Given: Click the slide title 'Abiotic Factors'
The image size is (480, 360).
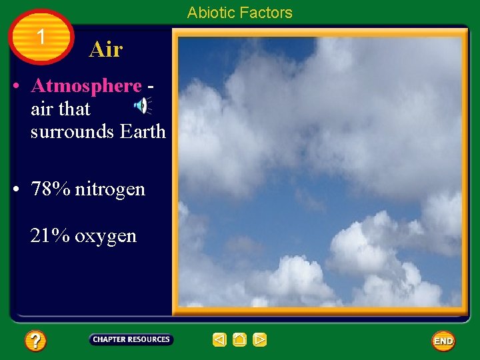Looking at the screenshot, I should (239, 13).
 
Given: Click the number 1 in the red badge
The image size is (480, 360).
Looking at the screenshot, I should (41, 37).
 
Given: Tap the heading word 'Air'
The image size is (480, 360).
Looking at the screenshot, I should (105, 49).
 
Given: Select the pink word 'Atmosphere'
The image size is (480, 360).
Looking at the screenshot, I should (86, 86).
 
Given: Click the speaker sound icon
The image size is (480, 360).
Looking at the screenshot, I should (143, 105).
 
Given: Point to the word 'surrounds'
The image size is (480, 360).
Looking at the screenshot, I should (73, 131).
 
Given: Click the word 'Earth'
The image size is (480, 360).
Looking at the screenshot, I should (143, 131).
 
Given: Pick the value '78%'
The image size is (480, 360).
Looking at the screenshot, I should (51, 189).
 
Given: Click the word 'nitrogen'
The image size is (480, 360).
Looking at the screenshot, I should (109, 189).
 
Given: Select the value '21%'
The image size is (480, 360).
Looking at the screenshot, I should (50, 236).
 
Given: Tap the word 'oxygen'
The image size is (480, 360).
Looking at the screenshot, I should (105, 237).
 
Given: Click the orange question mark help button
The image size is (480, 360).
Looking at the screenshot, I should (35, 341).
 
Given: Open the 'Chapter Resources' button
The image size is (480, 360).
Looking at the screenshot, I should (131, 340).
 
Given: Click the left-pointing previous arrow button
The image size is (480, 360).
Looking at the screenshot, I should (219, 340).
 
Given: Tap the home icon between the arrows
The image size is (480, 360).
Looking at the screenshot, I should (240, 340).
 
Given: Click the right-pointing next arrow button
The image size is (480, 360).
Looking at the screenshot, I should (260, 340).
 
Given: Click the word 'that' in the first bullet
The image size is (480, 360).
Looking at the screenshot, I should (74, 109).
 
